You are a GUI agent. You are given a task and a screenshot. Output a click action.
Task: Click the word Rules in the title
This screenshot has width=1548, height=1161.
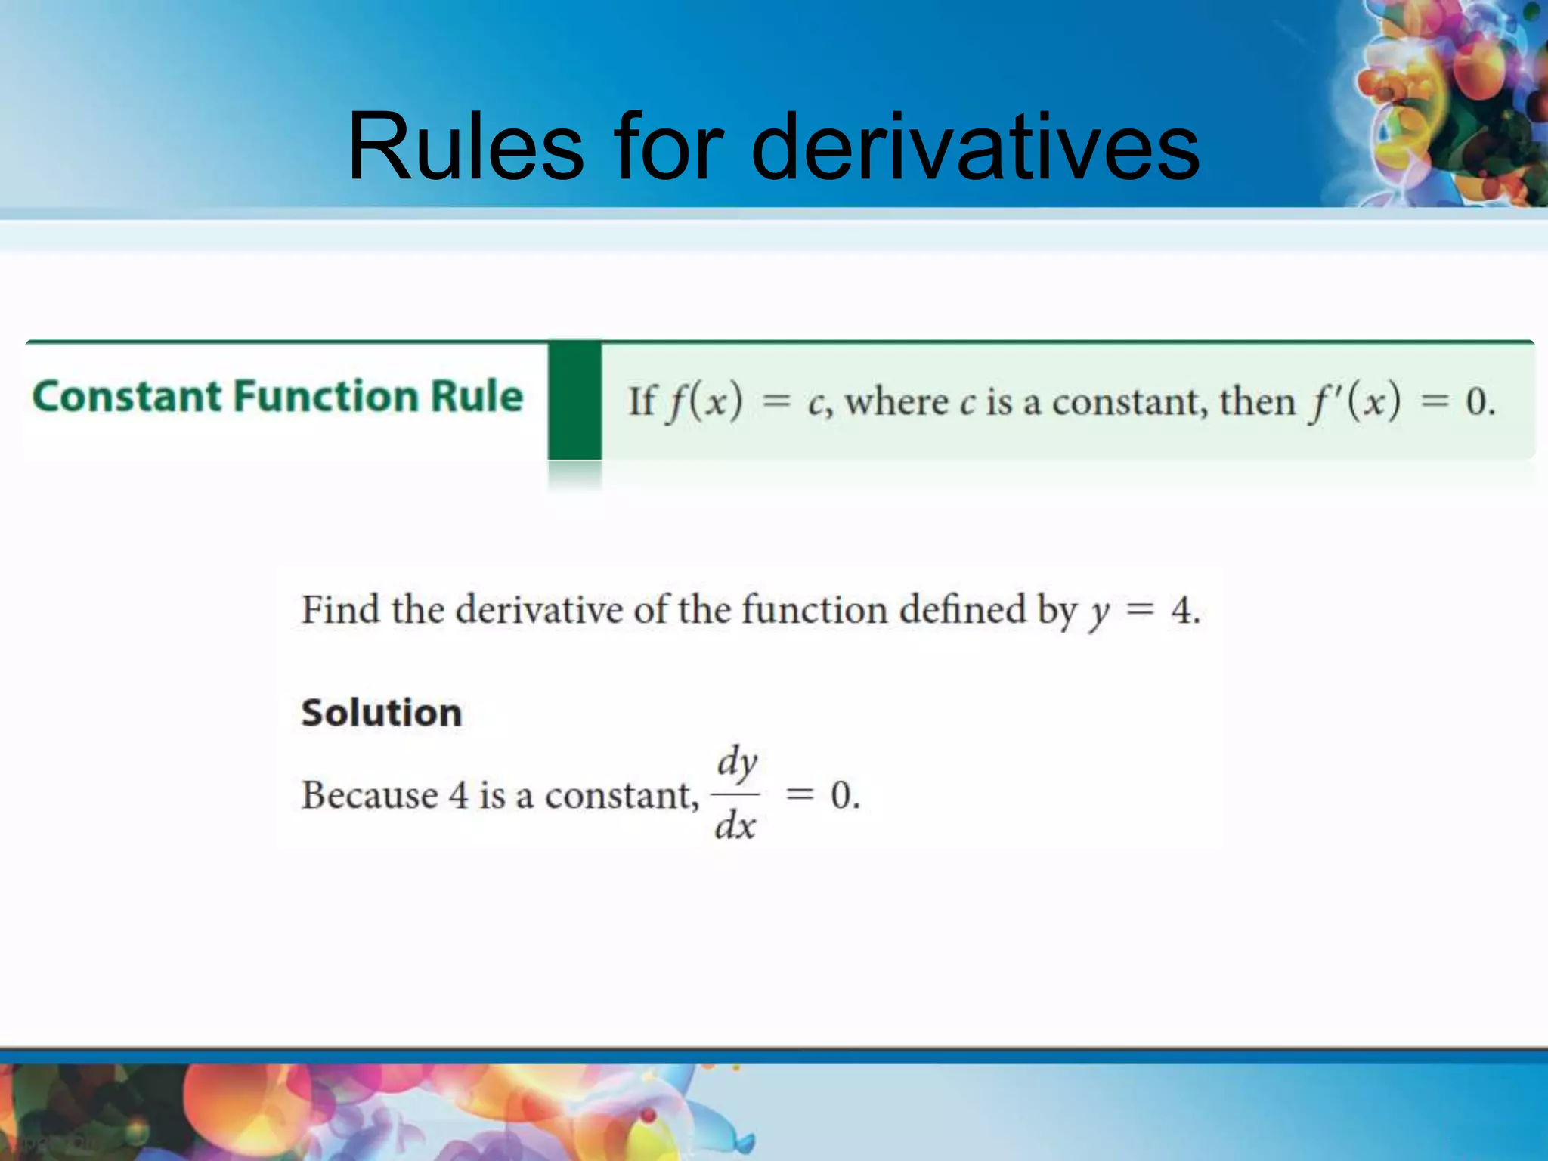tap(466, 147)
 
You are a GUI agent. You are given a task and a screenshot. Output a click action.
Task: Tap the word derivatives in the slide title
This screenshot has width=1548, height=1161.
tap(975, 147)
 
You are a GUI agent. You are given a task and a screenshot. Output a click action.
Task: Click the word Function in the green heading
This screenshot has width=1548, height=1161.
tap(325, 397)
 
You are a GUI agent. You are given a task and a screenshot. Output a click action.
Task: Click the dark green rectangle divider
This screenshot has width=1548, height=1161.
tap(574, 401)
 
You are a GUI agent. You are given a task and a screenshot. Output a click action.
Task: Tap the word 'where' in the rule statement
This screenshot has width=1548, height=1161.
tap(896, 401)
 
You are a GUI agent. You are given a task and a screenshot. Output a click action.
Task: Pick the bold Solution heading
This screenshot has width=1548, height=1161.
tap(381, 713)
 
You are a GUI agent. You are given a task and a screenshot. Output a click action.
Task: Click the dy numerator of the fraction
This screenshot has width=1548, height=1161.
tap(737, 761)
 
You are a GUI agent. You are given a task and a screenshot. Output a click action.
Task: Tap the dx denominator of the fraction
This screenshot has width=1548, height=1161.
tap(735, 826)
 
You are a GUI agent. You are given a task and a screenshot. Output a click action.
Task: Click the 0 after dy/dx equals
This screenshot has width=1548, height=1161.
tap(841, 795)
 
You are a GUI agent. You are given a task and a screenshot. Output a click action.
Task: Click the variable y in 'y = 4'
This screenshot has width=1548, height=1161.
tap(1098, 614)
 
